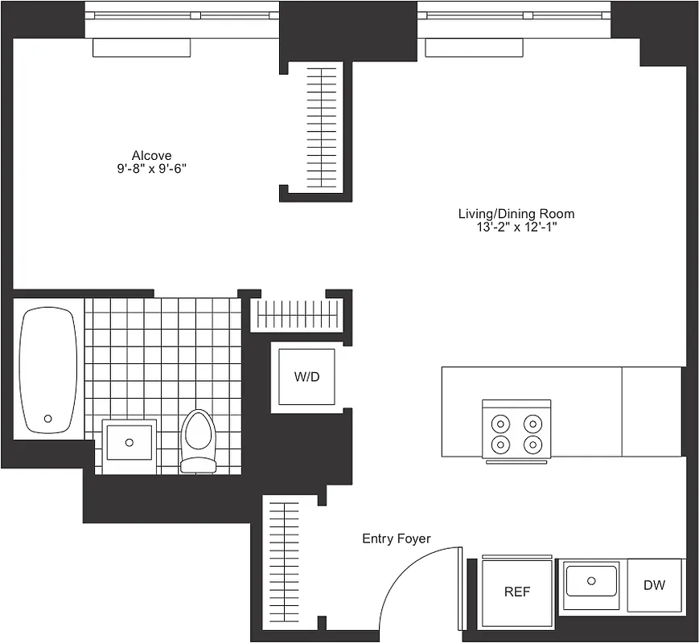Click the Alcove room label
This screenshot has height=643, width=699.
pyautogui.click(x=152, y=155)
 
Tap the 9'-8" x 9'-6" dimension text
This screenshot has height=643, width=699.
pyautogui.click(x=152, y=169)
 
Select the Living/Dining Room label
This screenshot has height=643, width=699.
pyautogui.click(x=516, y=214)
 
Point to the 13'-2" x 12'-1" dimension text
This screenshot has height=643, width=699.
pyautogui.click(x=516, y=227)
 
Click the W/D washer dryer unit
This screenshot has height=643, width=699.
pyautogui.click(x=306, y=377)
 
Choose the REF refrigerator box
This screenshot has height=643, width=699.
pyautogui.click(x=516, y=592)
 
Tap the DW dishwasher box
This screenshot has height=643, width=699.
pyautogui.click(x=654, y=585)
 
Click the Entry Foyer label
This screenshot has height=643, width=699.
pyautogui.click(x=396, y=539)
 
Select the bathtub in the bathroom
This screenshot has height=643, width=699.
pyautogui.click(x=49, y=370)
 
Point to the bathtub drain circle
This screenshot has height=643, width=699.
pyautogui.click(x=47, y=419)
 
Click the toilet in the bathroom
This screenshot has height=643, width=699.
pyautogui.click(x=198, y=440)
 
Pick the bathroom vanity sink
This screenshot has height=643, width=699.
pyautogui.click(x=129, y=440)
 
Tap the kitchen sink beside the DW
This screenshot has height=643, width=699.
pyautogui.click(x=591, y=580)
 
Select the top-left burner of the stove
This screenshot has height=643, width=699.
pyautogui.click(x=501, y=423)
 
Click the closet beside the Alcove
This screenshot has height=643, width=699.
pyautogui.click(x=326, y=126)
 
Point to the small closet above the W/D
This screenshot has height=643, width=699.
pyautogui.click(x=297, y=314)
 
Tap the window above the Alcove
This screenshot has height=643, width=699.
pyautogui.click(x=182, y=15)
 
